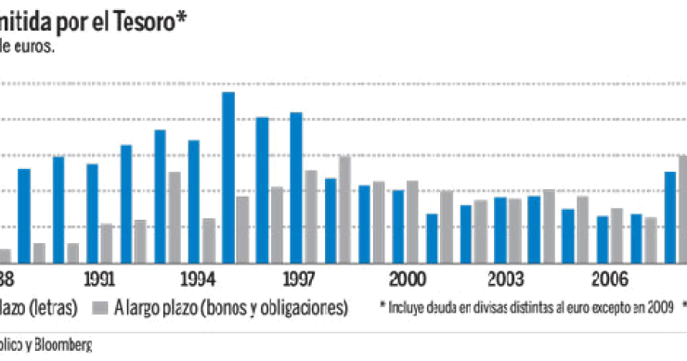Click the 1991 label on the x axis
click(x=99, y=278)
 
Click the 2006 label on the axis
click(x=609, y=278)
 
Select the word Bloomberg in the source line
click(x=63, y=345)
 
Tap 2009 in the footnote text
click(x=659, y=307)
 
